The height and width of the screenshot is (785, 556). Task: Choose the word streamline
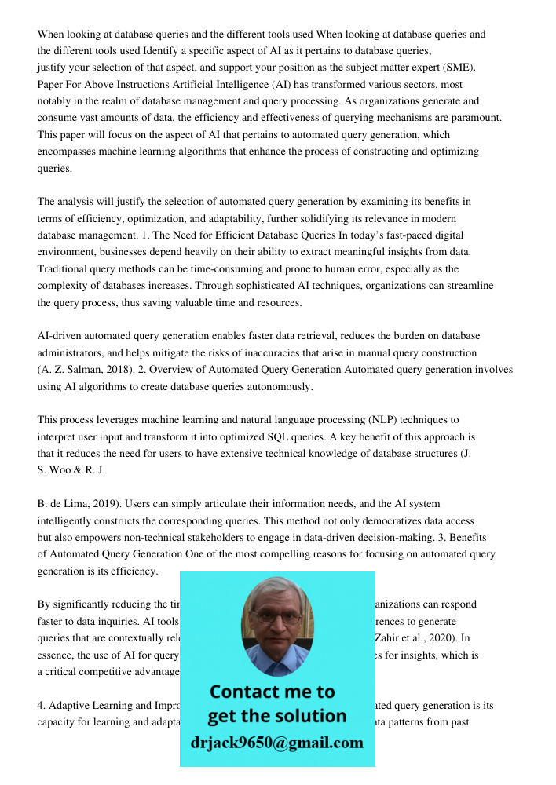(466, 286)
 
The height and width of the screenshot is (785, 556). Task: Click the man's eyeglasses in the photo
(276, 618)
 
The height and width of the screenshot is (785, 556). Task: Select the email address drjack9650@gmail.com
(276, 743)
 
